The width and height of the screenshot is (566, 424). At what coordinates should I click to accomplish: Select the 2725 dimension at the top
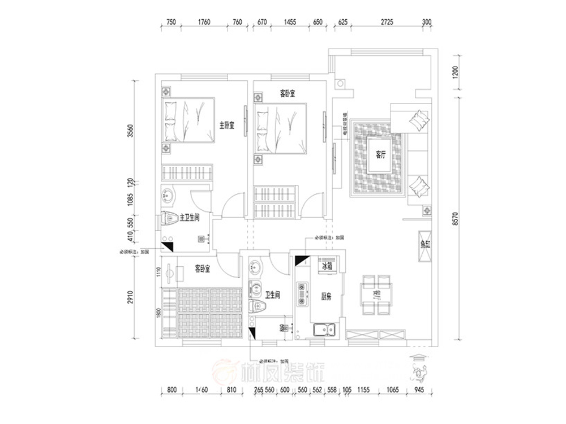387,22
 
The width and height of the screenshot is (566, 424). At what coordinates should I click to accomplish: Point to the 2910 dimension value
130,298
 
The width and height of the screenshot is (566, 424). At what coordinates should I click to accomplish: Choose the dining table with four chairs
376,295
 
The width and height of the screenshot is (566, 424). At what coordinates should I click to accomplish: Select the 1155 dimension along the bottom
365,390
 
